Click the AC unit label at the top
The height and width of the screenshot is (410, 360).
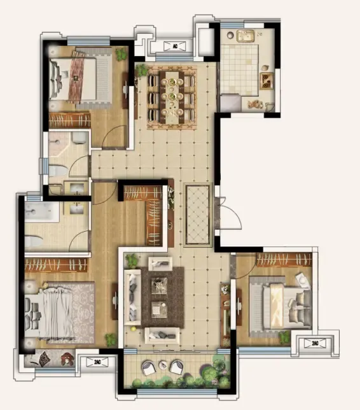[x=175, y=46]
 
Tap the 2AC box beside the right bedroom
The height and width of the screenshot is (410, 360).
[x=315, y=343]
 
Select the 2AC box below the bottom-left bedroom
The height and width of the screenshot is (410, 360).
[x=97, y=362]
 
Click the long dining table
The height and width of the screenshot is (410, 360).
[x=172, y=97]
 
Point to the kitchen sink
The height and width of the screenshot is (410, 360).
[x=246, y=36]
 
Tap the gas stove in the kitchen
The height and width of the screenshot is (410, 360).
[x=267, y=81]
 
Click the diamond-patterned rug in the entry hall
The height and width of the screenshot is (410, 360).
[x=198, y=215]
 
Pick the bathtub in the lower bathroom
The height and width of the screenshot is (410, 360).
[x=42, y=212]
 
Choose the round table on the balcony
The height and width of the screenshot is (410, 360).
[x=163, y=365]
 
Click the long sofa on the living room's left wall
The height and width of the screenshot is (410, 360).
[x=133, y=297]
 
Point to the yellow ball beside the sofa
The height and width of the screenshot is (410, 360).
[x=134, y=329]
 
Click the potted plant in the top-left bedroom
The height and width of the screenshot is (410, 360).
[x=121, y=54]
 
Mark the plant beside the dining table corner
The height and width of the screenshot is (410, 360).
[x=142, y=70]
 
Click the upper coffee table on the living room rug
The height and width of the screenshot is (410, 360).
[x=160, y=285]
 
